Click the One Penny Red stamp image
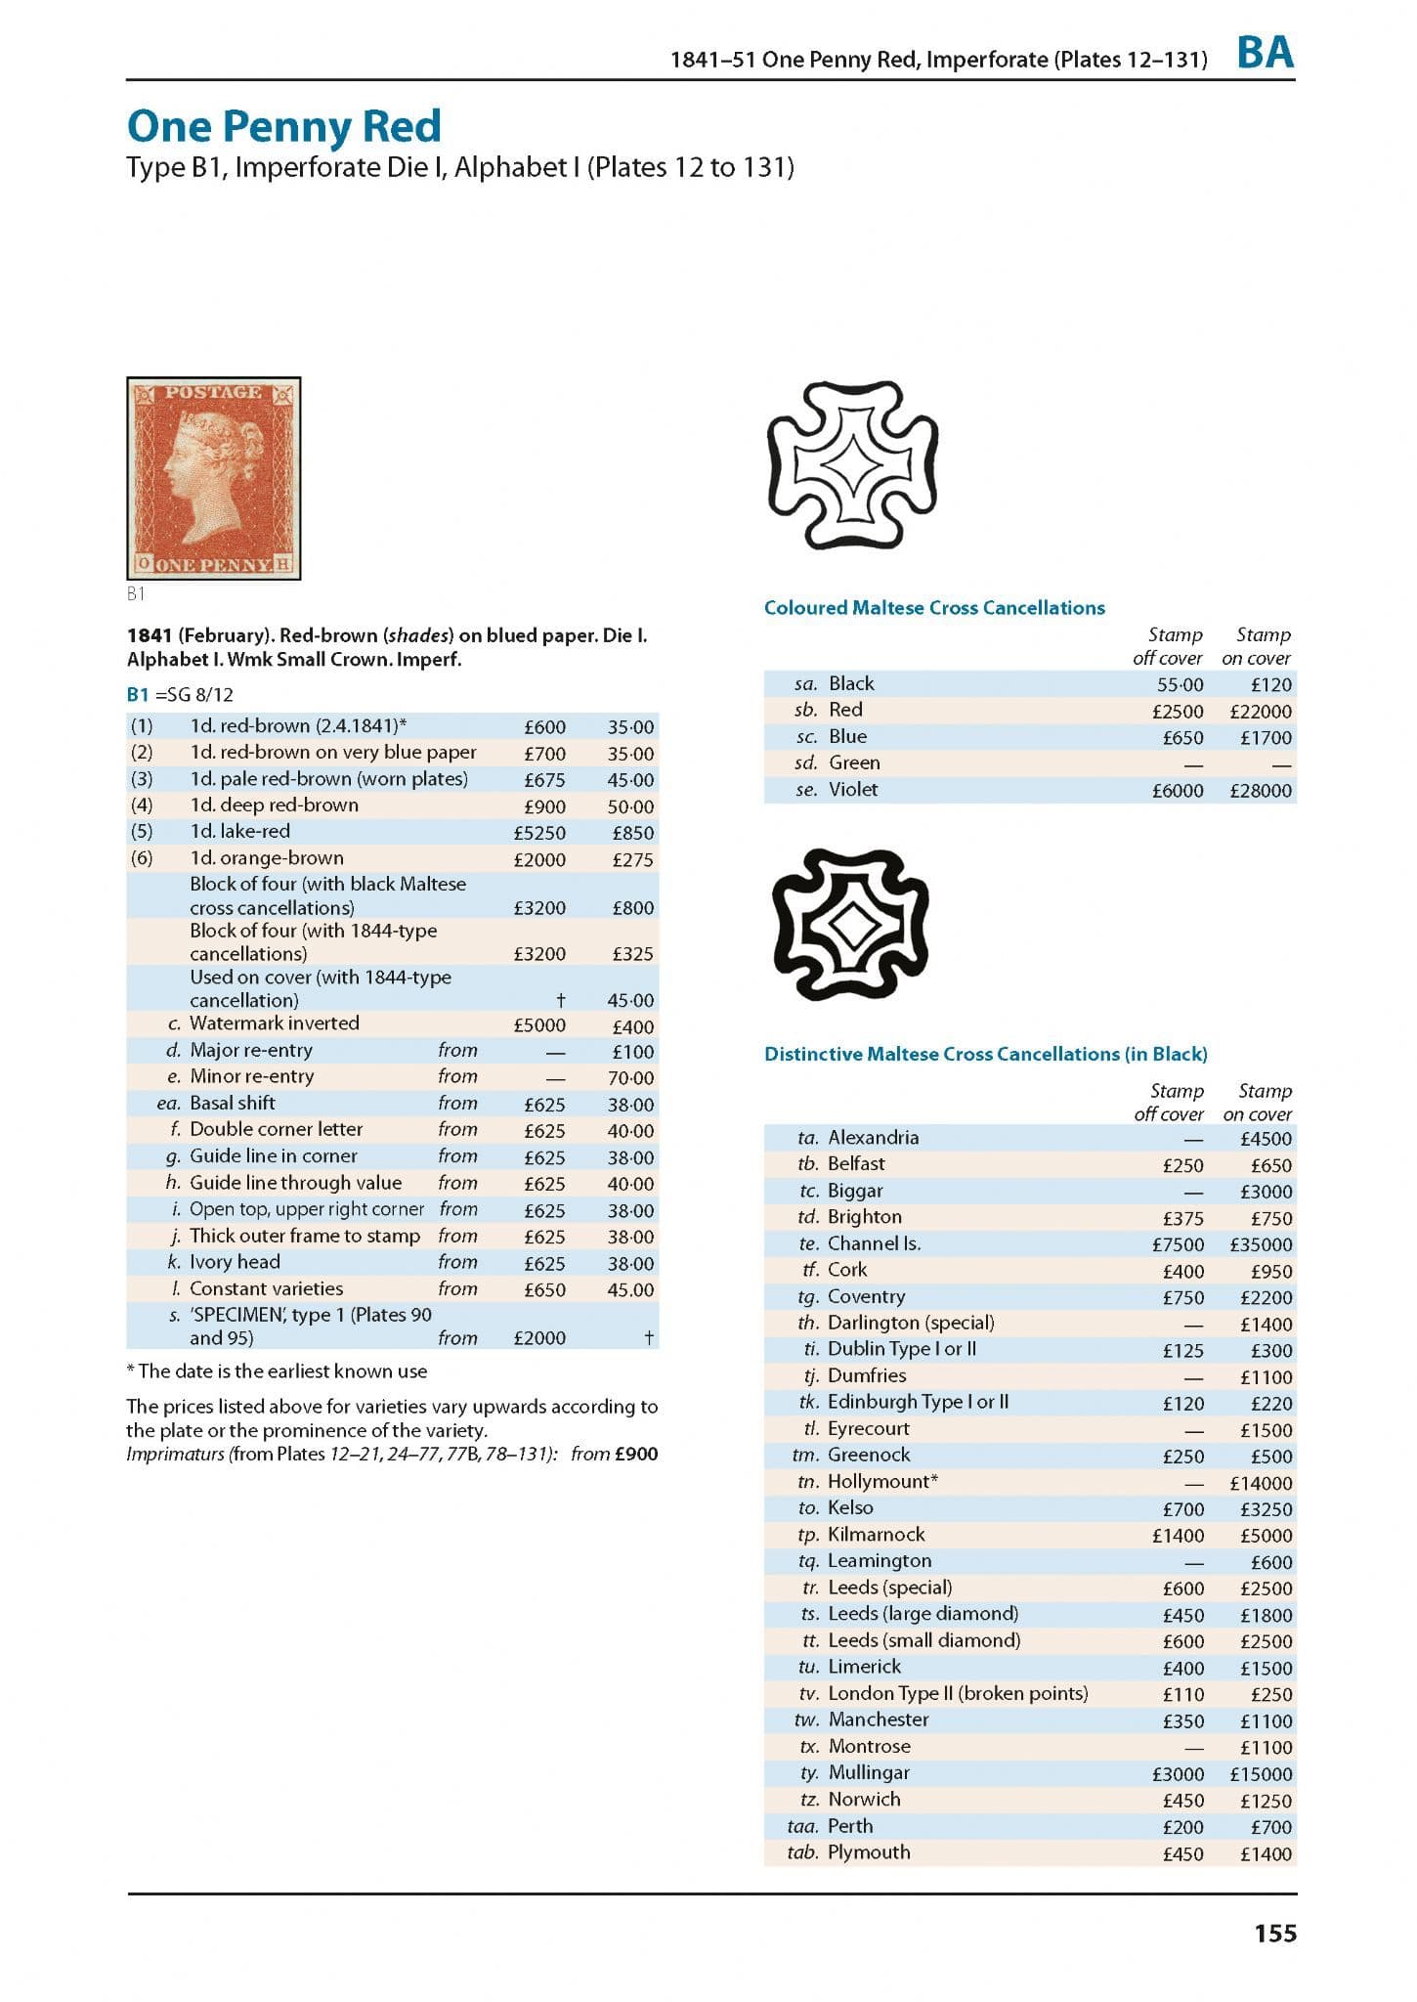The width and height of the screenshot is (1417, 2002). (x=213, y=478)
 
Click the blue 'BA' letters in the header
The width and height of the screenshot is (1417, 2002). (x=1265, y=53)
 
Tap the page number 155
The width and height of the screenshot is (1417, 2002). (x=1275, y=1933)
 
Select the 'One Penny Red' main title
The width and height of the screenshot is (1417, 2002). (x=284, y=126)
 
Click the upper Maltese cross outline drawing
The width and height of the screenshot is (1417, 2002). (x=852, y=464)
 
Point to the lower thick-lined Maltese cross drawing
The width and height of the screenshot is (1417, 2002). (x=850, y=924)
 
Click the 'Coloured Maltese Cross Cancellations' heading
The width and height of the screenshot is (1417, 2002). (x=934, y=608)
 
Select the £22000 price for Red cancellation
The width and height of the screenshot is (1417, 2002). (x=1260, y=712)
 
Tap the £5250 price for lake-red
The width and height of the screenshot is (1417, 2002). (x=539, y=833)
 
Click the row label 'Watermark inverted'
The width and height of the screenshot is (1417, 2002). (x=275, y=1023)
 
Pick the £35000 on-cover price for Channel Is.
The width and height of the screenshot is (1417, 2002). (x=1260, y=1245)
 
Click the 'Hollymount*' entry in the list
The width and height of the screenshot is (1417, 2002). (x=882, y=1481)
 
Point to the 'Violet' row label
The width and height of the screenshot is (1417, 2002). (x=853, y=790)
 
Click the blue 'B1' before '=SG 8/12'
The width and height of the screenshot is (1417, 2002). (x=138, y=695)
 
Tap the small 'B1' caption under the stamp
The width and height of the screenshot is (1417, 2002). (x=136, y=593)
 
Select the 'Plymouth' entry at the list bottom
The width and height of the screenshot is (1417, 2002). (x=869, y=1852)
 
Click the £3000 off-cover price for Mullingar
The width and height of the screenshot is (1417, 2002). (x=1178, y=1774)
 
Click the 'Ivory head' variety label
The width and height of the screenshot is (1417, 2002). (x=235, y=1262)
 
